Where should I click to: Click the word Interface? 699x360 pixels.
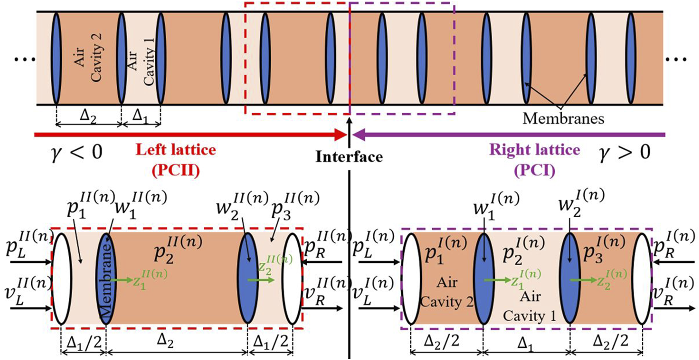pyautogui.click(x=349, y=157)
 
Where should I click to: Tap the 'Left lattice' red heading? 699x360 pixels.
pyautogui.click(x=176, y=150)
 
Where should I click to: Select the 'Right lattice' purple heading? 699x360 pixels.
pyautogui.click(x=534, y=150)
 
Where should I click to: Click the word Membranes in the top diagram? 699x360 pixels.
pyautogui.click(x=563, y=118)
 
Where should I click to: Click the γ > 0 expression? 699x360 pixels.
pyautogui.click(x=625, y=152)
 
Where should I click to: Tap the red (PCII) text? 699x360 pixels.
pyautogui.click(x=176, y=170)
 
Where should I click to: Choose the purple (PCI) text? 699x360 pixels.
pyautogui.click(x=534, y=170)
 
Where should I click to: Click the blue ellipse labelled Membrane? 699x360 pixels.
pyautogui.click(x=106, y=279)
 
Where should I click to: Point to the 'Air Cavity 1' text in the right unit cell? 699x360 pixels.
pyautogui.click(x=530, y=306)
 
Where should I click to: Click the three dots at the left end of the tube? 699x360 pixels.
pyautogui.click(x=25, y=60)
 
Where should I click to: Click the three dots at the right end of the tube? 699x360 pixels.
pyautogui.click(x=677, y=60)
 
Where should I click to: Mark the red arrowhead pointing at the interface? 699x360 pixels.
pyautogui.click(x=340, y=135)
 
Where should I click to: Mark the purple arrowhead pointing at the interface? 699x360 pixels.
pyautogui.click(x=359, y=135)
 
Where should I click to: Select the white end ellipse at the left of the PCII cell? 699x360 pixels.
pyautogui.click(x=62, y=279)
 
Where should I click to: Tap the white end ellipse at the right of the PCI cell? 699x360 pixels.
pyautogui.click(x=642, y=279)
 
